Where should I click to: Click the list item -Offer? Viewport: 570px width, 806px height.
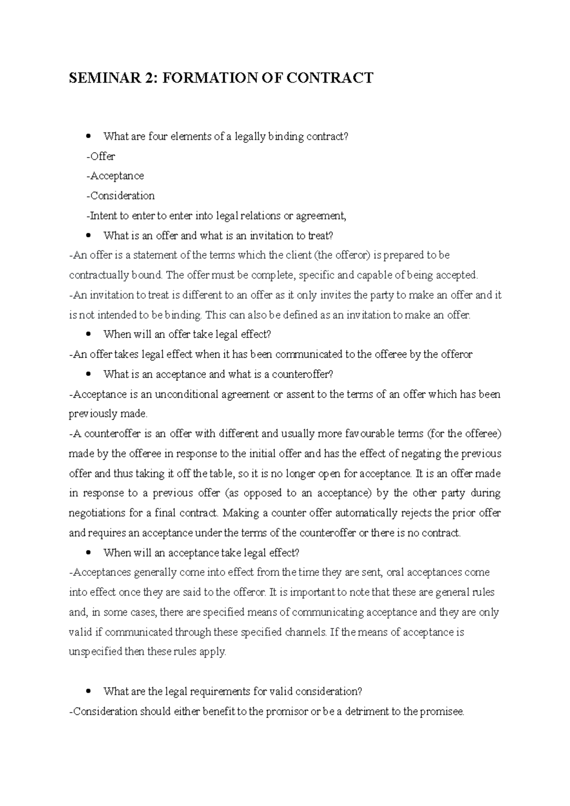[x=101, y=156]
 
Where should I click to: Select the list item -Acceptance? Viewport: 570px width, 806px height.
[x=115, y=176]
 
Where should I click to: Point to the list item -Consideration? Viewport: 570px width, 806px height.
[x=120, y=196]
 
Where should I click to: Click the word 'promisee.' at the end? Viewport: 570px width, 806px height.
[x=442, y=712]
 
